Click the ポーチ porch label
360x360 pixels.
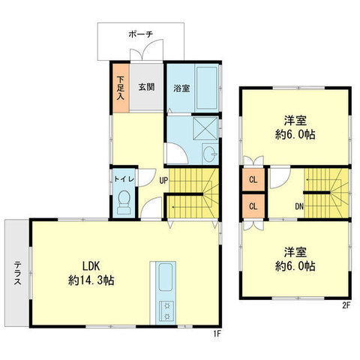[x=140, y=34]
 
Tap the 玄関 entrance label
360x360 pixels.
[x=146, y=87]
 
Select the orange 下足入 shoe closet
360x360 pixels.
[x=121, y=88]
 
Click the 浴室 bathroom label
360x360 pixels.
[x=181, y=88]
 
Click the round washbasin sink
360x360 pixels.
[x=209, y=154]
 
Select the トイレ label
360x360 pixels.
[x=124, y=179]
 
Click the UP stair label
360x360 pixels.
[x=163, y=181]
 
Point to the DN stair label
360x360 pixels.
[x=299, y=206]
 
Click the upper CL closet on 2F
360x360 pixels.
[x=253, y=179]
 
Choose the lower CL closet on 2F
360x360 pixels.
[x=253, y=206]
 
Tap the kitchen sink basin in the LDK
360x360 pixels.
[x=166, y=277]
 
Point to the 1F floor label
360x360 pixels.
[x=217, y=334]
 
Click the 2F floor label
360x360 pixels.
[x=346, y=305]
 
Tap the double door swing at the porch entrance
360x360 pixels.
[x=147, y=50]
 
